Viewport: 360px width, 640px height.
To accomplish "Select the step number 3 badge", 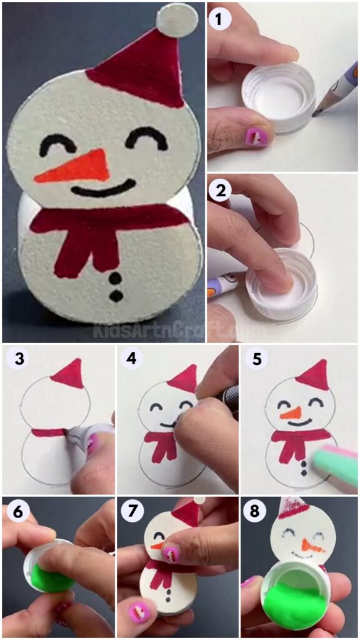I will click(x=15, y=360).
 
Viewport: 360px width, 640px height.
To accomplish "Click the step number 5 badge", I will click(x=254, y=360).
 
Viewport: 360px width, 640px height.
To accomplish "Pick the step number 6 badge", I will click(x=15, y=511).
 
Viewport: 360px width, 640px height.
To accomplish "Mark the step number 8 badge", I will click(x=254, y=511).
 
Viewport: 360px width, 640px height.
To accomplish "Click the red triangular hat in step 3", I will click(x=68, y=375).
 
